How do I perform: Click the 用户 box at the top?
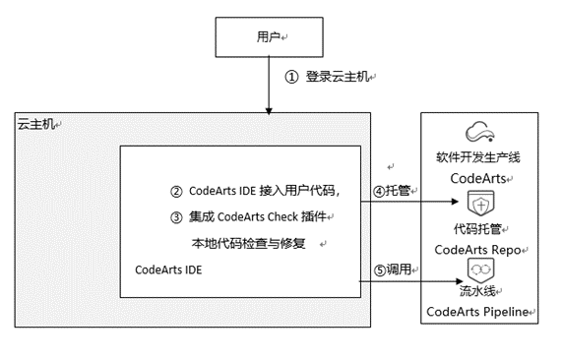point(267,38)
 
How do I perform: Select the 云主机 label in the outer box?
point(37,124)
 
